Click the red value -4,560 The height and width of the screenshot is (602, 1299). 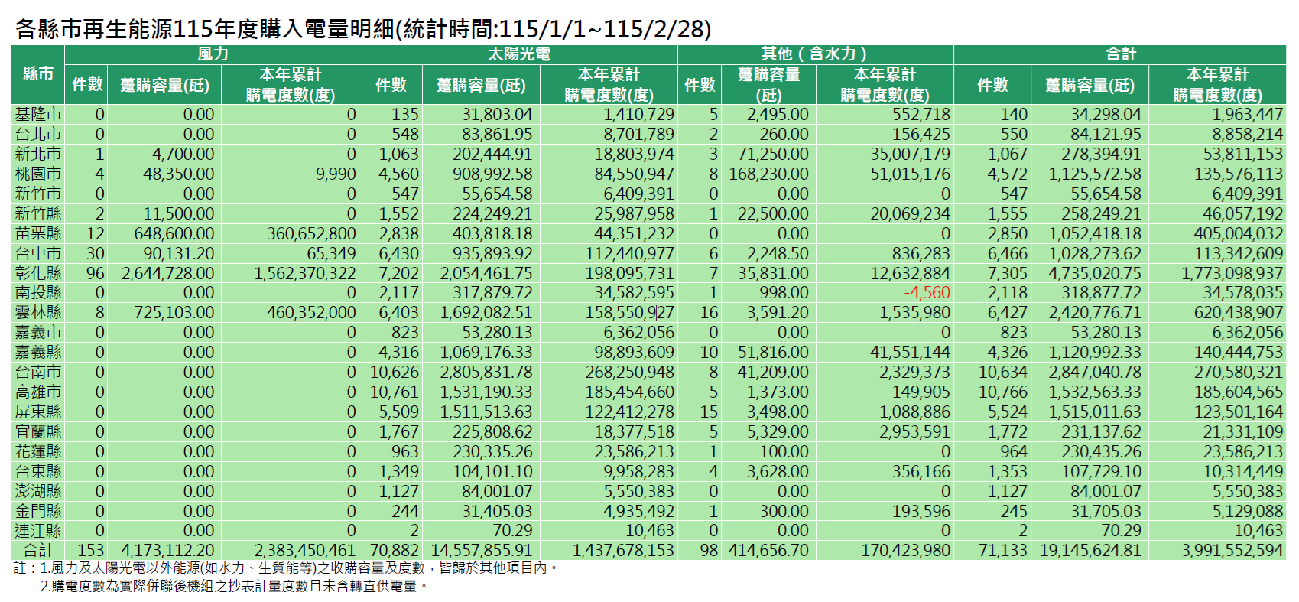[927, 292]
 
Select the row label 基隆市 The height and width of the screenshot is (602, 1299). [38, 114]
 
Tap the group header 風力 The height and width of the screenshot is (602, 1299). [212, 54]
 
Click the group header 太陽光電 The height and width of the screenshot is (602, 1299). [518, 54]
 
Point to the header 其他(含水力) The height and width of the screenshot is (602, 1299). [815, 54]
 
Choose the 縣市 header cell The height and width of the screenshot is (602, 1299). [38, 74]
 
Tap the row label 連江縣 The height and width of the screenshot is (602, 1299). [38, 530]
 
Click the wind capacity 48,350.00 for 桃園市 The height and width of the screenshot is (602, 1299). [178, 174]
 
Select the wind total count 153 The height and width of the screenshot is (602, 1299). [90, 550]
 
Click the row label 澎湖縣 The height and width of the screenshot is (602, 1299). [38, 490]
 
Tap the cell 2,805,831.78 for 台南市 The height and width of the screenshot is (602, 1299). [486, 372]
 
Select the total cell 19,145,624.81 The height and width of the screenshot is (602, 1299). [1090, 550]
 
